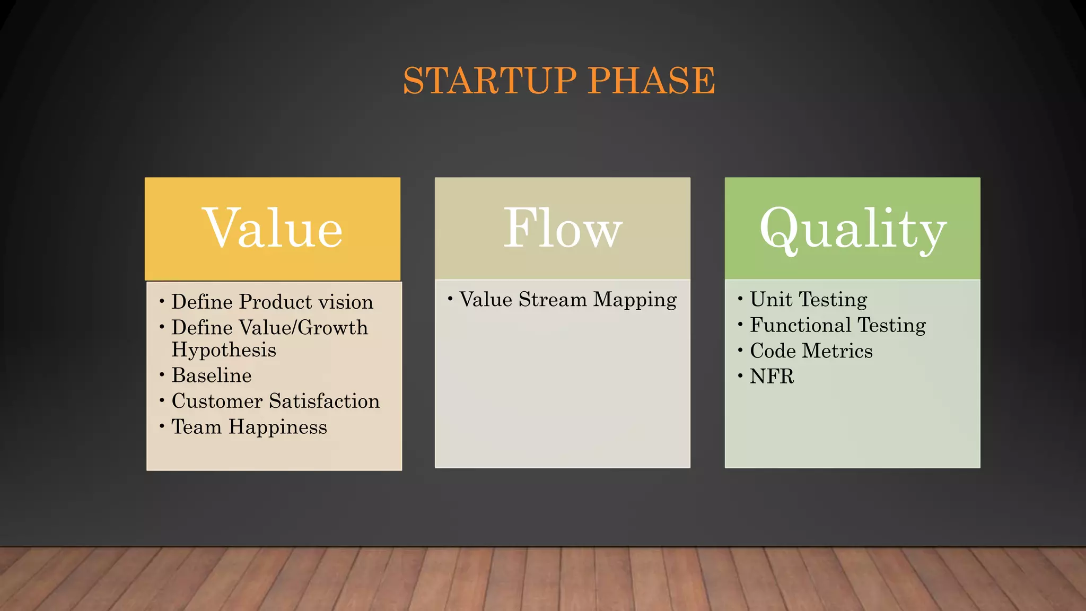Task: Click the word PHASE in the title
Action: [651, 81]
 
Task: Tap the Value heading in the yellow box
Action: [273, 229]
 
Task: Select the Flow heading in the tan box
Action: [562, 229]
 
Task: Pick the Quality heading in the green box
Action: [852, 229]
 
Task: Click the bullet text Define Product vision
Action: [272, 302]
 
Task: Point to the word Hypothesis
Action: [224, 350]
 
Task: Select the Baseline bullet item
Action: [212, 376]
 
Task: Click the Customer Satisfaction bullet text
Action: [275, 401]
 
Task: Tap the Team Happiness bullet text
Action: [249, 427]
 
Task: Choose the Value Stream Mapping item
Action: [567, 300]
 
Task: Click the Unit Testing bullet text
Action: [808, 300]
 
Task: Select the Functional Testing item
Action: [837, 325]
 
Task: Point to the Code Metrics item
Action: [811, 351]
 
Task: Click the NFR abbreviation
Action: [772, 377]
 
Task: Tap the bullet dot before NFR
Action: [740, 376]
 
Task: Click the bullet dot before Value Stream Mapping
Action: [450, 299]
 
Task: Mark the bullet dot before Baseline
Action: [162, 375]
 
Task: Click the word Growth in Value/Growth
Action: [332, 328]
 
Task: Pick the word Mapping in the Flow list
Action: [634, 300]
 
